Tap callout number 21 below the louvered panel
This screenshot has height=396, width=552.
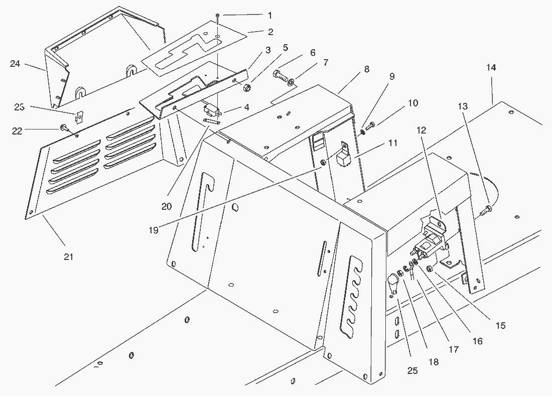point(68,256)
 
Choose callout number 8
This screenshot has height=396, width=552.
point(367,69)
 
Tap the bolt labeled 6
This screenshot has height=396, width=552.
point(280,76)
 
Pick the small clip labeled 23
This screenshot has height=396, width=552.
point(79,117)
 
